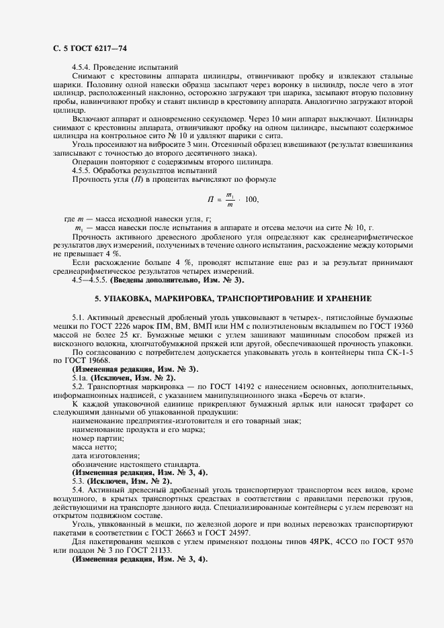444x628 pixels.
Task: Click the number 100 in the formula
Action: pos(251,199)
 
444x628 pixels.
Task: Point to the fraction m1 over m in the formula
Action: pos(229,199)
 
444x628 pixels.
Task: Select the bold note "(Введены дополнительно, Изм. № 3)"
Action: pos(177,279)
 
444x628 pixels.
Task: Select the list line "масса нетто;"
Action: pos(93,447)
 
